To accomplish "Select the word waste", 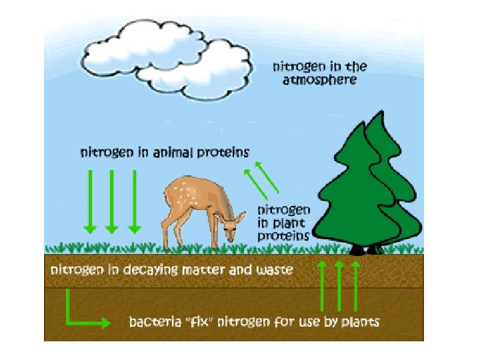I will (x=273, y=271).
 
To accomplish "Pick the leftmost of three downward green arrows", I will (x=89, y=200).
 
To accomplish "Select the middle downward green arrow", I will (x=112, y=200).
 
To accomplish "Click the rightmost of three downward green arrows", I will (x=135, y=200).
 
